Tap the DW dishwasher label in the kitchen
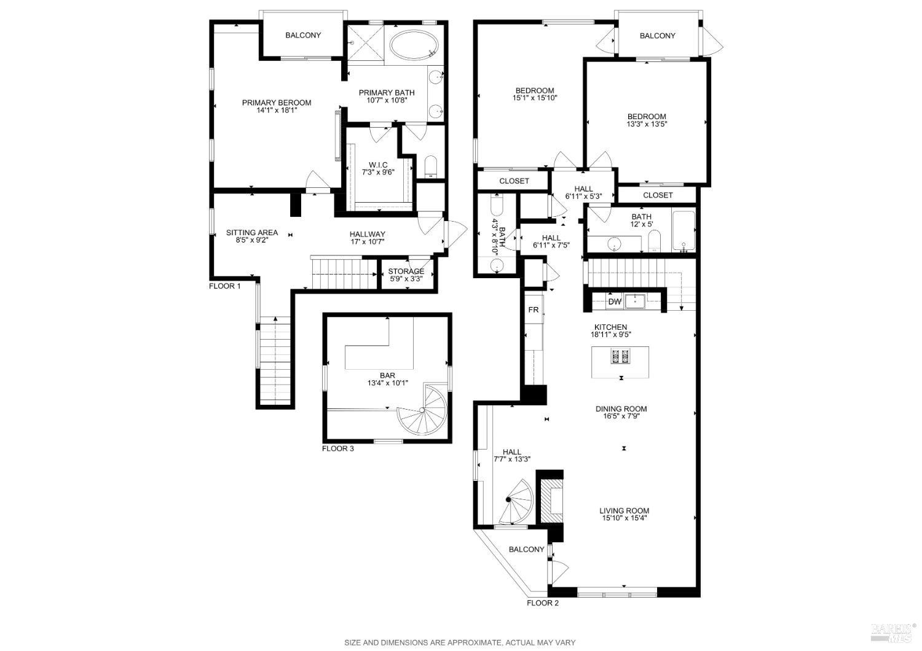coord(615,302)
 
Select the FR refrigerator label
coord(534,310)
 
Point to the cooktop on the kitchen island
coord(620,356)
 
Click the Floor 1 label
coord(225,286)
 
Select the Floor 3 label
coord(338,449)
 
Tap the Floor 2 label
coord(543,603)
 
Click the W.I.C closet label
coord(378,165)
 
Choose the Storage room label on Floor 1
coord(406,271)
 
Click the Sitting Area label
coord(252,233)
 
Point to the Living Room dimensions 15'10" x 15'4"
coord(625,518)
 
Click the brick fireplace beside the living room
coord(550,497)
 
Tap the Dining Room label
coord(621,409)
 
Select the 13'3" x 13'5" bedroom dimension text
coord(646,124)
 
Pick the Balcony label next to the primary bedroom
coord(302,36)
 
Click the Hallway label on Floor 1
coord(368,234)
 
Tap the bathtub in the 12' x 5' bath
coord(684,230)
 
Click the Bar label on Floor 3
coord(387,376)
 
